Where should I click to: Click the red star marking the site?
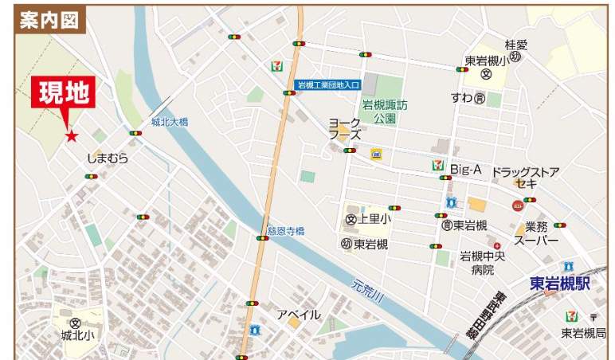[72, 136]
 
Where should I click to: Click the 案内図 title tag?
[49, 19]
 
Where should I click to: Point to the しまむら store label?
[108, 158]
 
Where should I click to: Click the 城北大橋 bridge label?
[169, 122]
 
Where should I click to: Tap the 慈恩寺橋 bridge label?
[286, 231]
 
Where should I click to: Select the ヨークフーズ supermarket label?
[346, 129]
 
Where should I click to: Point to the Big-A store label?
[467, 169]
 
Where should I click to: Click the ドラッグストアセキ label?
[525, 178]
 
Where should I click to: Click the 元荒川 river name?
[367, 289]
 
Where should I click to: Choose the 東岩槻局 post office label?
[583, 333]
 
